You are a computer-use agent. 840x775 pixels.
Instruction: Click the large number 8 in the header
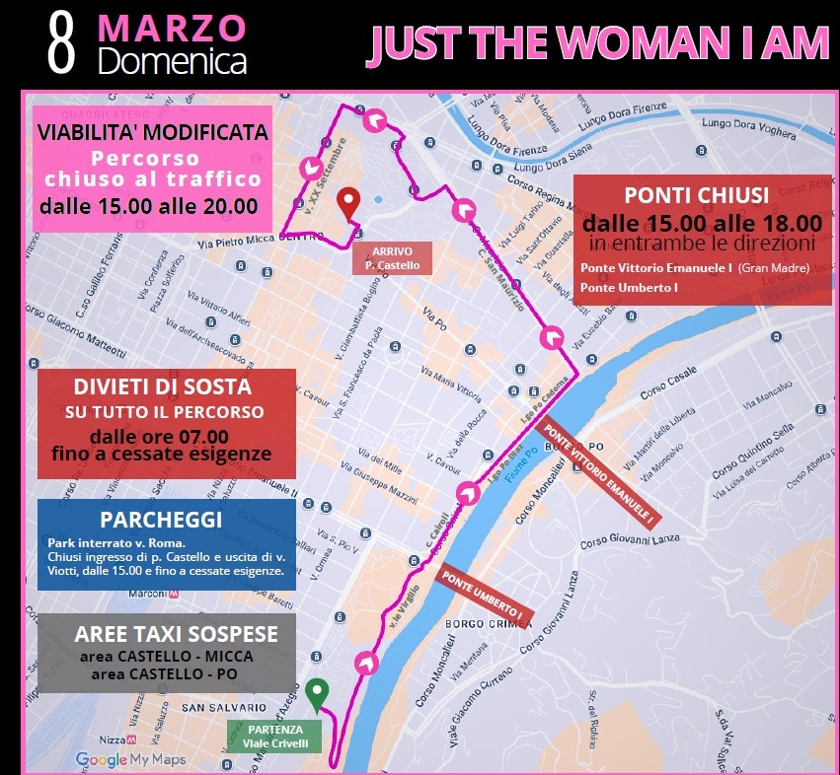pos(62,45)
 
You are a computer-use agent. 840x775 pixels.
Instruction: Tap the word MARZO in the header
pos(173,28)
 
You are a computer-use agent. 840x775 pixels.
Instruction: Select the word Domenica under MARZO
pos(173,61)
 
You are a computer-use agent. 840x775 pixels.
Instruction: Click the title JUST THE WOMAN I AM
pos(598,43)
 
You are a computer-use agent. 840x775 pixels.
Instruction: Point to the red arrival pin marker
pos(346,204)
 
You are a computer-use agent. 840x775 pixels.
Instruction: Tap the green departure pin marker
pos(316,695)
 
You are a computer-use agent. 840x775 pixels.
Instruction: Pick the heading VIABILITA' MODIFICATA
pos(152,132)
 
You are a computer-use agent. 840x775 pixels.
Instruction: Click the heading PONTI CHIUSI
pos(697,195)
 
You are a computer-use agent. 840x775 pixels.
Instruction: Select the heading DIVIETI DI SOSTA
pos(162,387)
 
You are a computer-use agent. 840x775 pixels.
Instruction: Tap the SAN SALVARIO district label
pos(223,707)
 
